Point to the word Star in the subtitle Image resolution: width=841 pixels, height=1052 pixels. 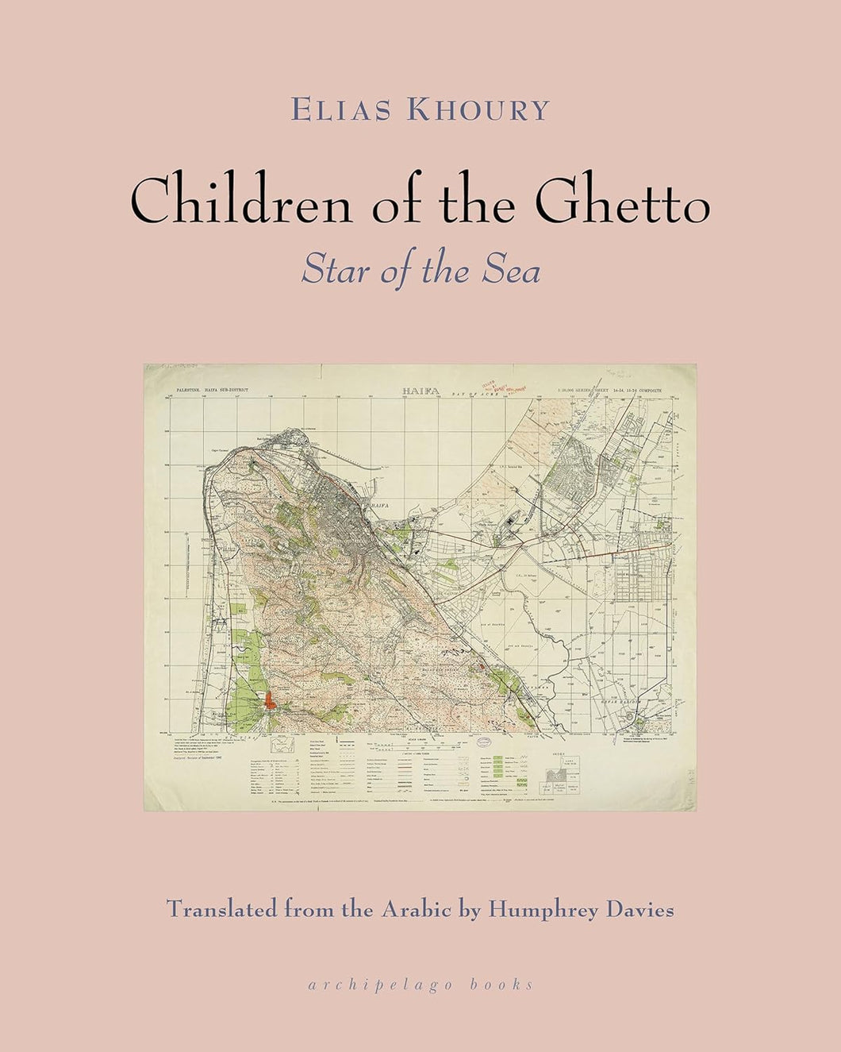coord(328,271)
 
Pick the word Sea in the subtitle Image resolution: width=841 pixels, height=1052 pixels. coord(515,271)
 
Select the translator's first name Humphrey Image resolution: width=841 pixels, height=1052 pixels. coord(536,910)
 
